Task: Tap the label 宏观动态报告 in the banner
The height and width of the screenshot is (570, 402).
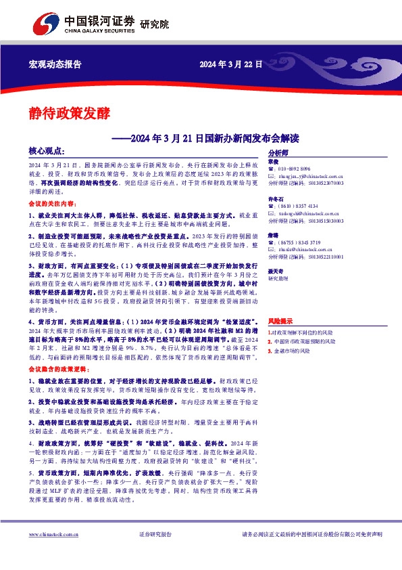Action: coord(55,64)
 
